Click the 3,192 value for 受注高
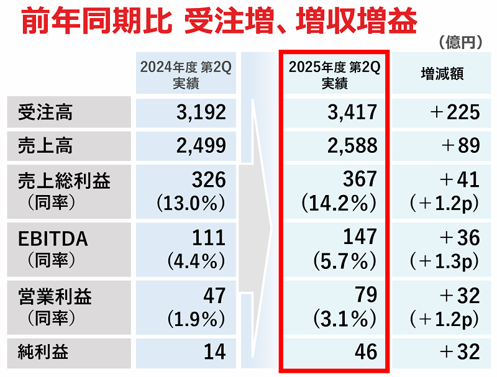(201, 112)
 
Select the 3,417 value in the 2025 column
(352, 112)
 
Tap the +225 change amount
(455, 112)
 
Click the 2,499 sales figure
(201, 145)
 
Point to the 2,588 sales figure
(352, 145)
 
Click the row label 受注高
(45, 112)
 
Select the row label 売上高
(45, 146)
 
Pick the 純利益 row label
(45, 352)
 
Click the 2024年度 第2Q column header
(185, 75)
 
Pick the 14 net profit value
(214, 352)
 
